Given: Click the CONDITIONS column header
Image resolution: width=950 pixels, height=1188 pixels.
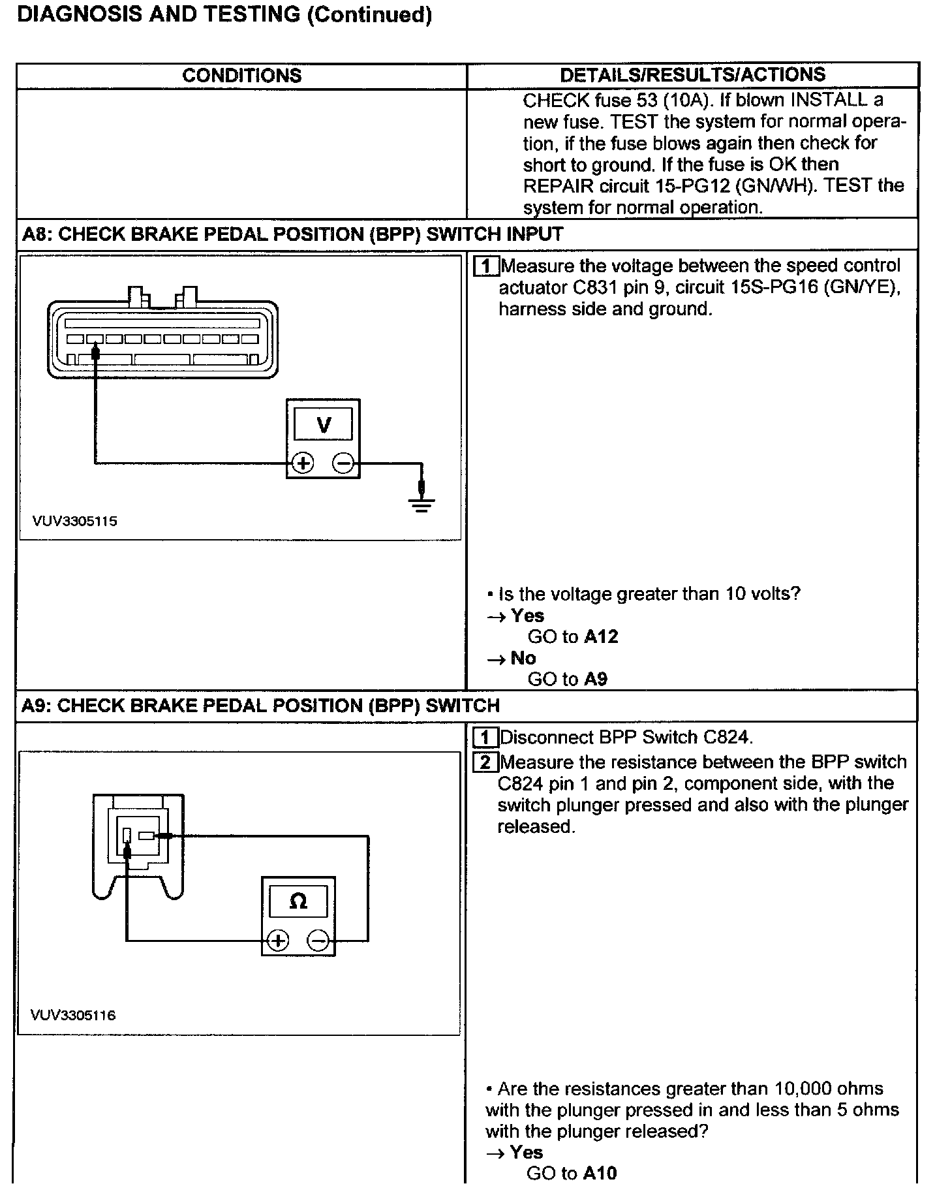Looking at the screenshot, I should click(241, 76).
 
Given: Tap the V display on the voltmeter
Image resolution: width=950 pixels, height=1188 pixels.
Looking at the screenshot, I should click(323, 425).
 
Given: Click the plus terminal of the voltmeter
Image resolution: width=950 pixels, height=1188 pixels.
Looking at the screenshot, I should click(303, 463).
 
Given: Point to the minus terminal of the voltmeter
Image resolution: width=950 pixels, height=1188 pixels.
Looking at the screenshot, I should click(343, 463).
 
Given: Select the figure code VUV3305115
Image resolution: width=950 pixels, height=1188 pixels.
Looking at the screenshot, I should click(75, 522).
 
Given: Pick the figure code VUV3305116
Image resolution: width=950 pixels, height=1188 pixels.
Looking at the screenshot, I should click(73, 1015).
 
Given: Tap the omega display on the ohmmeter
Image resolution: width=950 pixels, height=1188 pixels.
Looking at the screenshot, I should click(298, 901).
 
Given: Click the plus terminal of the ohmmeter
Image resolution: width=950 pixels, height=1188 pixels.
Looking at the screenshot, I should click(278, 941).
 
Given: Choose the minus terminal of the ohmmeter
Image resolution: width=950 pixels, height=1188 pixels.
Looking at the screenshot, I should click(318, 941).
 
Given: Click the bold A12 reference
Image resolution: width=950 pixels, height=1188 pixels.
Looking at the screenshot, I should click(601, 637).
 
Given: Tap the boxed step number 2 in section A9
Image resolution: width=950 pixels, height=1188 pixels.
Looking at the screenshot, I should click(485, 762).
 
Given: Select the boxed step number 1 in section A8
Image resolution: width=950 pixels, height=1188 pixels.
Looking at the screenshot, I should click(485, 266).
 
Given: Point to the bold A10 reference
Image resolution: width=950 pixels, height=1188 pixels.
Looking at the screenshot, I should click(600, 1173).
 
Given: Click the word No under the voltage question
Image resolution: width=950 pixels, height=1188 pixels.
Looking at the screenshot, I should click(523, 658).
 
